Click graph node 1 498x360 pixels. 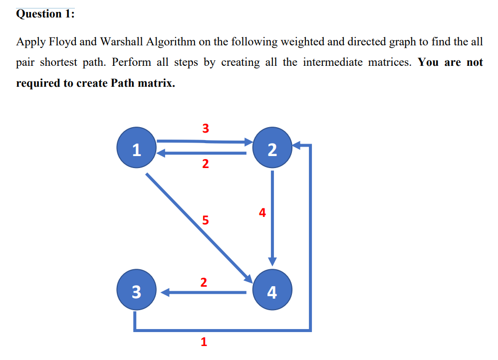tap(136, 148)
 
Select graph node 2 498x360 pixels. tap(272, 148)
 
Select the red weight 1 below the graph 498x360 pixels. tap(203, 342)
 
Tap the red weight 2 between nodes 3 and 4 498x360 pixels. tap(203, 282)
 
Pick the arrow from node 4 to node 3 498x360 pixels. tap(205, 293)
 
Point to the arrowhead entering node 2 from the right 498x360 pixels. tap(298, 146)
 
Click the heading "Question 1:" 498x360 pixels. tap(45, 13)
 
